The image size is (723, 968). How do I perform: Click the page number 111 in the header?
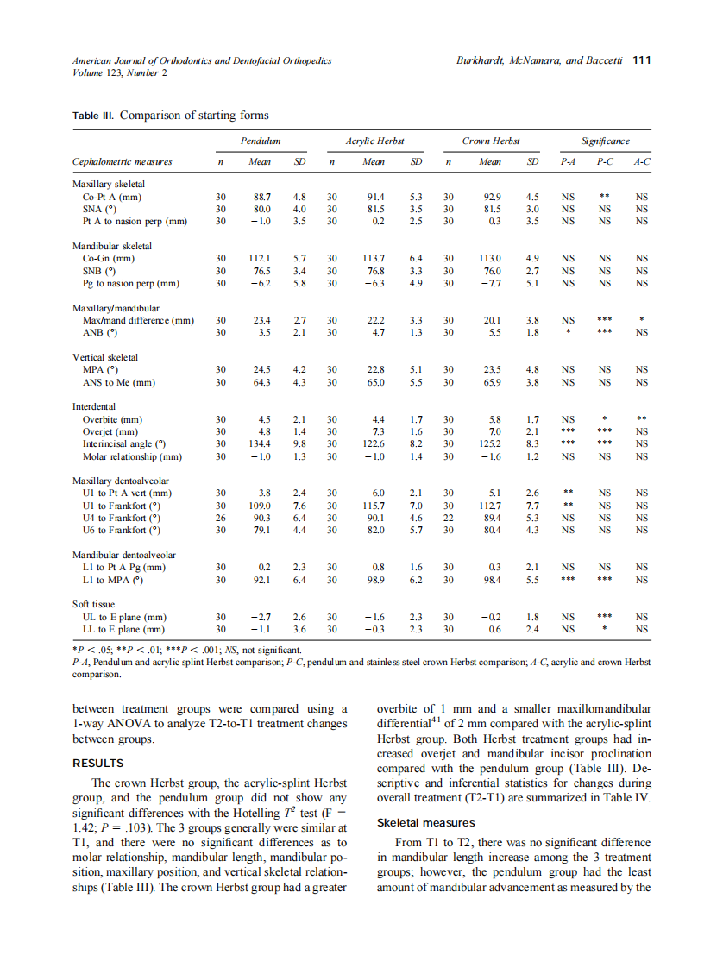[x=642, y=60]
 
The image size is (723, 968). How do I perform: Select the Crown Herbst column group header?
[x=488, y=140]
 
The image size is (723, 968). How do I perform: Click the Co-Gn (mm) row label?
[x=108, y=257]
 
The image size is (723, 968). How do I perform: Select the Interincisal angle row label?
[x=123, y=443]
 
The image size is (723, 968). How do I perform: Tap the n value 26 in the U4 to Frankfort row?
[x=221, y=518]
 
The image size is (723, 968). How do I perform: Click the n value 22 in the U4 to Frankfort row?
[x=448, y=518]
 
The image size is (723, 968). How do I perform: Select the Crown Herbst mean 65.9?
[x=492, y=381]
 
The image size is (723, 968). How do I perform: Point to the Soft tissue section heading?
[x=94, y=605]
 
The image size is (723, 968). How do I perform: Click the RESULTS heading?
[x=98, y=763]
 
